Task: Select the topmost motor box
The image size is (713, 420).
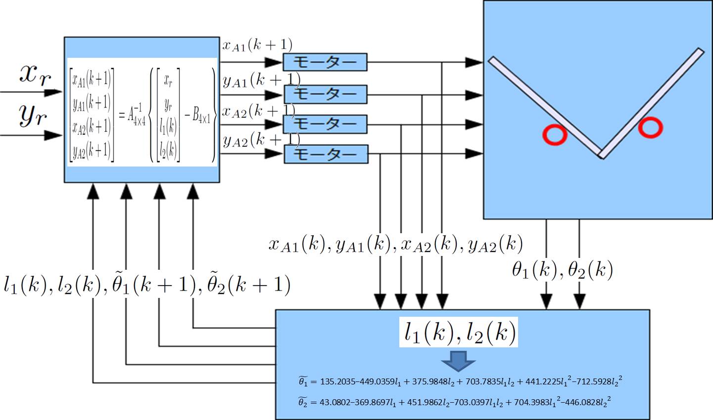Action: (325, 62)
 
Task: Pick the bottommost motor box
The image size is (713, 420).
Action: (326, 154)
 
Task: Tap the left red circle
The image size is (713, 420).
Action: (554, 135)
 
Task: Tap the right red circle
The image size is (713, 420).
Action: (650, 127)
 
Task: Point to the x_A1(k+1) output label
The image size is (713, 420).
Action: (257, 45)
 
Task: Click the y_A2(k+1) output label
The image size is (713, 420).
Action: (261, 141)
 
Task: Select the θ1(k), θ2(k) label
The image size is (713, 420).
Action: (563, 270)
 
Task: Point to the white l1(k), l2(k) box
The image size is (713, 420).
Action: (459, 333)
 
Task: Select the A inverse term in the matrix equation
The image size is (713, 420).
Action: (136, 117)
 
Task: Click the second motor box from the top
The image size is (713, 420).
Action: (325, 94)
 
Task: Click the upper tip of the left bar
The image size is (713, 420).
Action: (492, 60)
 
